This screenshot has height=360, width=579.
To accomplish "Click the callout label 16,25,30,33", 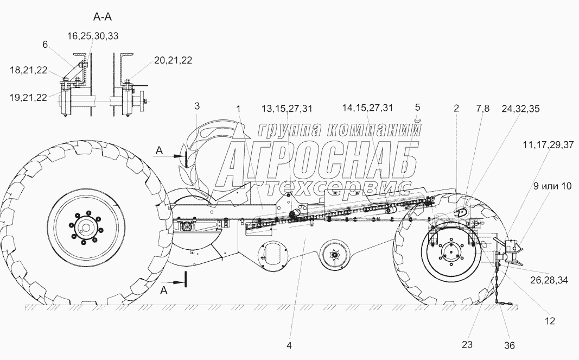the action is [92, 36].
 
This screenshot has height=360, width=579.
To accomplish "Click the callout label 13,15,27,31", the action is [287, 108].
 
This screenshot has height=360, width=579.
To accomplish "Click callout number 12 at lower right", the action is [550, 321].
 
